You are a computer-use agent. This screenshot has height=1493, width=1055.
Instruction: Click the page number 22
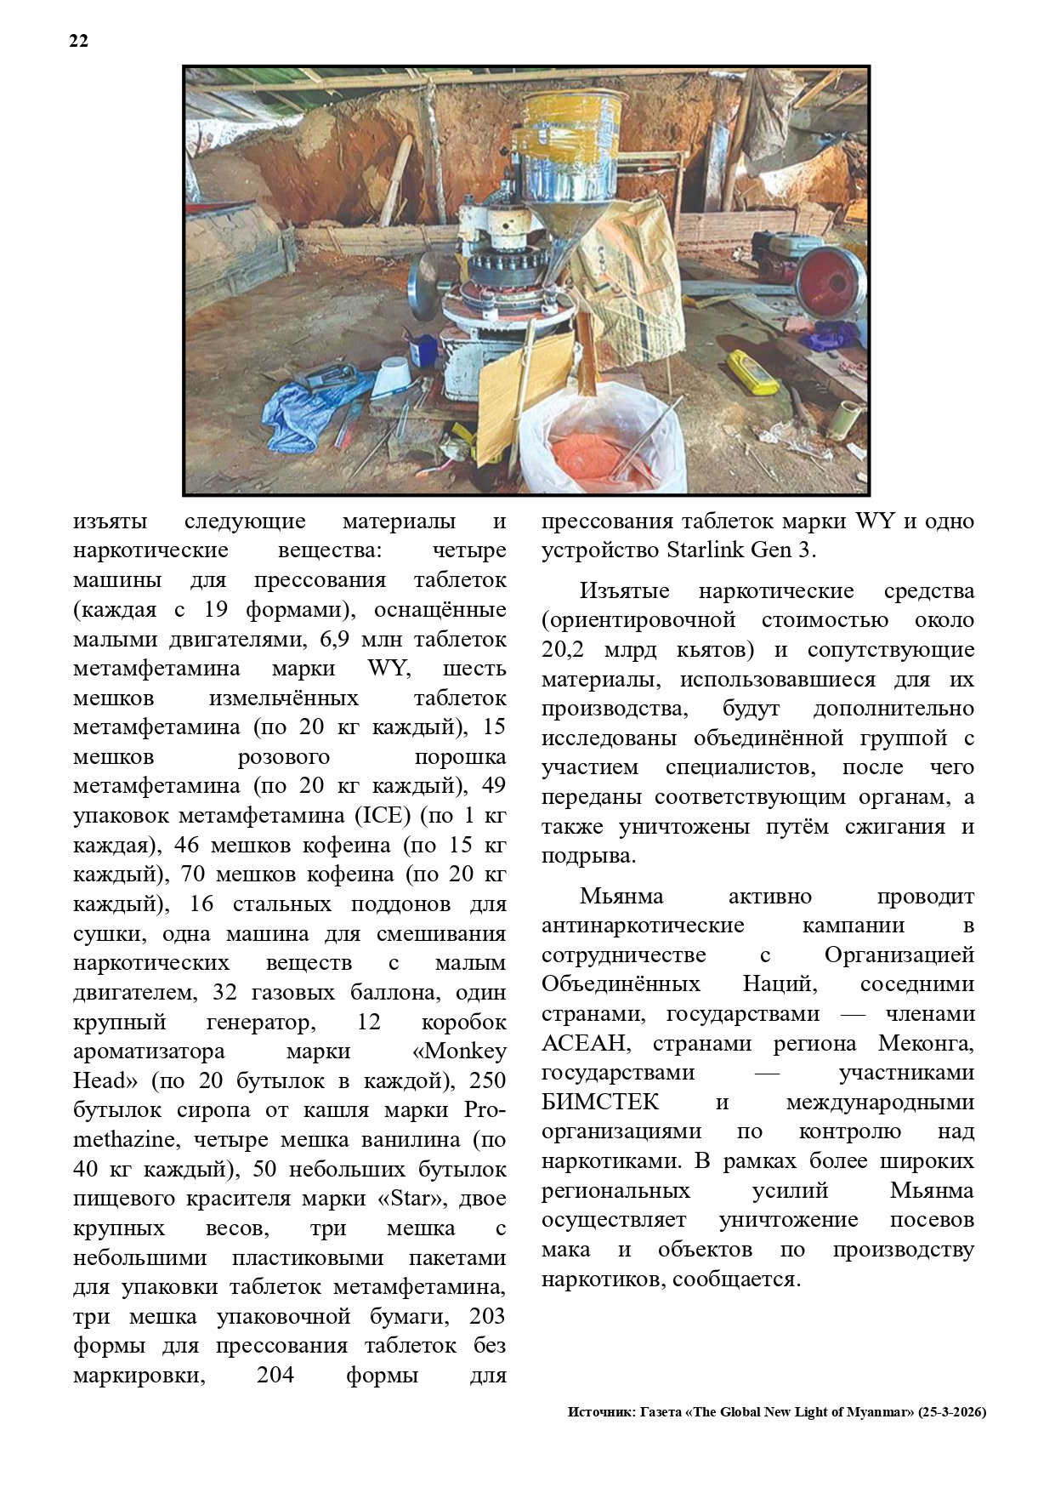pyautogui.click(x=78, y=41)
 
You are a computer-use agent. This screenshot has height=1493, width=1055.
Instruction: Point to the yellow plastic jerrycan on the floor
pyautogui.click(x=752, y=372)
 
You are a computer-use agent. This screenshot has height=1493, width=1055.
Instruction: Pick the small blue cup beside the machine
pyautogui.click(x=423, y=350)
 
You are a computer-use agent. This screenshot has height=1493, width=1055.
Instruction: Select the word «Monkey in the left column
pyautogui.click(x=459, y=1051)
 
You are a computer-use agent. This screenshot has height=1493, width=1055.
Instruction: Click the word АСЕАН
pyautogui.click(x=585, y=1043)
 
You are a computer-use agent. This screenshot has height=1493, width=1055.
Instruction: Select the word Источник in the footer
pyautogui.click(x=599, y=1411)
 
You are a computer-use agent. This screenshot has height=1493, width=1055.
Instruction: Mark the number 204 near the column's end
pyautogui.click(x=275, y=1375)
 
